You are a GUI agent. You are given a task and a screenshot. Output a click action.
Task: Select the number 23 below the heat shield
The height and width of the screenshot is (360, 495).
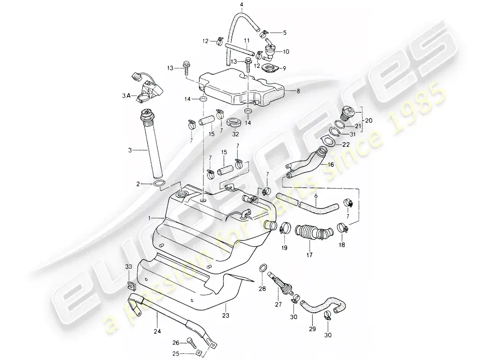(x=225, y=316)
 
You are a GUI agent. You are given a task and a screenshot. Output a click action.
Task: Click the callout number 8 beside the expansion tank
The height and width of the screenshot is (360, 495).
(x=297, y=90)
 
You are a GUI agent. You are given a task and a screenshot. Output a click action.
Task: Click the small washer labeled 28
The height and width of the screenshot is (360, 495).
(x=262, y=269)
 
